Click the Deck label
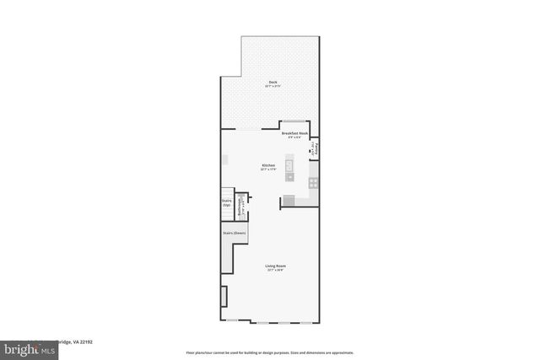coord(271,81)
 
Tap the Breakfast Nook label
coord(294,133)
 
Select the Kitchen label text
coord(268,165)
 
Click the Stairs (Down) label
coord(234,232)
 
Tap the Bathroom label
coord(240,205)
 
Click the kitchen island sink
coord(289,175)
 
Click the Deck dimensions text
coord(271,86)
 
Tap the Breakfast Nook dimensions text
coord(294,138)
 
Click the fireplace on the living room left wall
coord(224,298)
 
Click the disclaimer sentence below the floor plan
coord(270,352)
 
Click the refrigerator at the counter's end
coord(289,201)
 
